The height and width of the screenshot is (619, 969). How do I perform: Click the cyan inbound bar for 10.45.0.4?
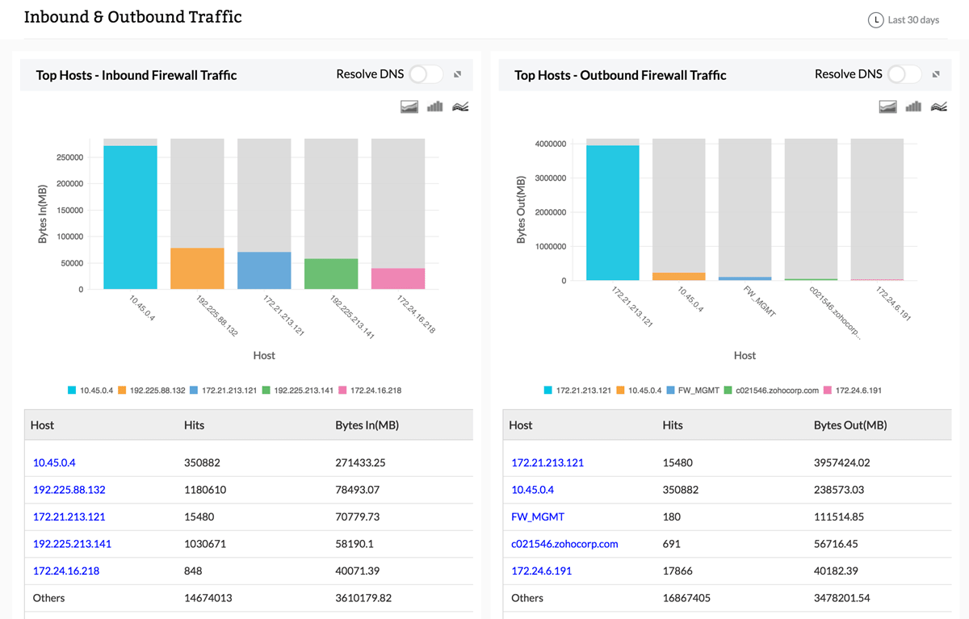click(130, 217)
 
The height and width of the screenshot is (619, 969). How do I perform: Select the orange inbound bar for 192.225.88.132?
click(197, 268)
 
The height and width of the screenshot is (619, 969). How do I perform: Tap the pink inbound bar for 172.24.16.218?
click(398, 278)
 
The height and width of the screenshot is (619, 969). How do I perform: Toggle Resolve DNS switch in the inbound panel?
click(426, 74)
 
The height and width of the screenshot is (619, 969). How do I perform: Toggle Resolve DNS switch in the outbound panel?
click(904, 74)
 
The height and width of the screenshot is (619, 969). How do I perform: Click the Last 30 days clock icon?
click(875, 20)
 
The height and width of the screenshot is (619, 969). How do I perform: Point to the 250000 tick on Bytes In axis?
click(69, 157)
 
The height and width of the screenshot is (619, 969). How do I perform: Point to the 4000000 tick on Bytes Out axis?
click(549, 144)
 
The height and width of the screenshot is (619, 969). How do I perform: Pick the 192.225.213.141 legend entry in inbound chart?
click(301, 391)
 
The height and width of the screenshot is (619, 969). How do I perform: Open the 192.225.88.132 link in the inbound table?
click(69, 490)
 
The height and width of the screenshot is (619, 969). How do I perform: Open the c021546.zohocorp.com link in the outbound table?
click(564, 544)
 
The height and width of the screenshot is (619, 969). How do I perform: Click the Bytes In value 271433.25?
click(360, 463)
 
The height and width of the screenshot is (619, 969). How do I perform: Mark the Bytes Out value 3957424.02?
click(845, 463)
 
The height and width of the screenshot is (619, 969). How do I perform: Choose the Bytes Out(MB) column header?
click(849, 425)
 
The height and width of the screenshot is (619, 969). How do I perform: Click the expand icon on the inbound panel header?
click(457, 74)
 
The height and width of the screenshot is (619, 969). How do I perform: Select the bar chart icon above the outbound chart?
click(913, 107)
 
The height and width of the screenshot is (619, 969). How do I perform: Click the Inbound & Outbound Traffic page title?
click(132, 17)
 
